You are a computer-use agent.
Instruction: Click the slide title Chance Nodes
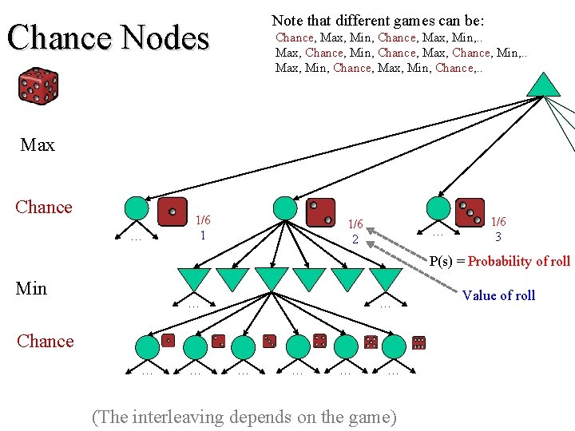click(108, 38)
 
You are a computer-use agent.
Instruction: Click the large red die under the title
click(38, 87)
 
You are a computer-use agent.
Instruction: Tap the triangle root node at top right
click(544, 85)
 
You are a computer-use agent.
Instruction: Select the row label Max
click(38, 145)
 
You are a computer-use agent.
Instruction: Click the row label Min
click(31, 288)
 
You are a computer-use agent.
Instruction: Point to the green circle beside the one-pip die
click(137, 208)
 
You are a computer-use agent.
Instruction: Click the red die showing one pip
click(172, 212)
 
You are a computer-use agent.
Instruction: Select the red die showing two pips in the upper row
click(319, 212)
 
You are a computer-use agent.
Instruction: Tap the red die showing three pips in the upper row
click(470, 212)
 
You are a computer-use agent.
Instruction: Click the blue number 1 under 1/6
click(203, 235)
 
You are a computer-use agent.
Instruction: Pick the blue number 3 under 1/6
click(498, 237)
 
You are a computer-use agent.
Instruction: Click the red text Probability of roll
click(519, 261)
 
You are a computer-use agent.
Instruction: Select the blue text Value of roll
click(498, 295)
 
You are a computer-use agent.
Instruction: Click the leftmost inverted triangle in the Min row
click(195, 279)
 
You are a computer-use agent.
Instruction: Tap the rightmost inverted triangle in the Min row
click(387, 279)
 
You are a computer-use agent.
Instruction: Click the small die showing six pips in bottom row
click(418, 342)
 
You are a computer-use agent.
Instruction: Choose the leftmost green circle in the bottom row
click(147, 346)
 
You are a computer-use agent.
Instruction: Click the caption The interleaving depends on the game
click(244, 416)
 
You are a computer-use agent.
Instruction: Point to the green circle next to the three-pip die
click(438, 208)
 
